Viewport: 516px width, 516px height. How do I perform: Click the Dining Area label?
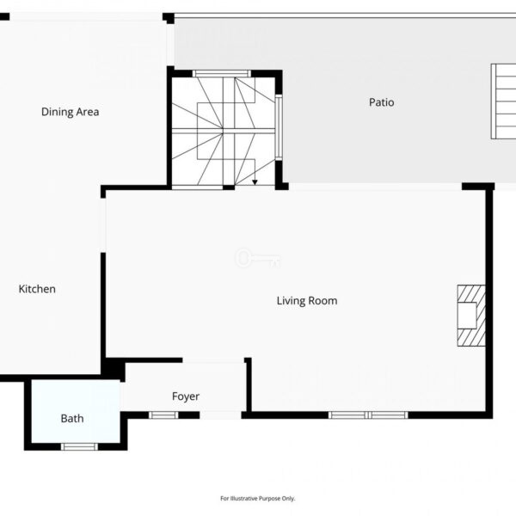pyautogui.click(x=71, y=112)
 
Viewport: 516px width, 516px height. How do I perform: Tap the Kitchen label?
pyautogui.click(x=37, y=289)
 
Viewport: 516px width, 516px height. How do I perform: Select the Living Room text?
pyautogui.click(x=307, y=301)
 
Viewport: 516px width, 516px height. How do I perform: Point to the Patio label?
pyautogui.click(x=381, y=102)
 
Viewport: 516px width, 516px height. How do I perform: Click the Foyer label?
pyautogui.click(x=186, y=396)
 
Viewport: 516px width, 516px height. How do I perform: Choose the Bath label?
pyautogui.click(x=72, y=419)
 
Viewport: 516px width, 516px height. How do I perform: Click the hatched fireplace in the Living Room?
pyautogui.click(x=471, y=316)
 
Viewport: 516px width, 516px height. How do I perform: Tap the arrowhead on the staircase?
pyautogui.click(x=255, y=182)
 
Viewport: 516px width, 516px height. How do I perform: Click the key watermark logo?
pyautogui.click(x=257, y=258)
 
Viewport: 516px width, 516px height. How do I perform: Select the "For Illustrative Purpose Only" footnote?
pyautogui.click(x=258, y=498)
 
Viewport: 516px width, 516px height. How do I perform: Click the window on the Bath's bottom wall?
pyautogui.click(x=79, y=446)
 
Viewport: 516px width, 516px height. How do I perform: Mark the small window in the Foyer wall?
pyautogui.click(x=163, y=415)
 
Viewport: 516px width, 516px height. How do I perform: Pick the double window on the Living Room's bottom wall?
pyautogui.click(x=368, y=415)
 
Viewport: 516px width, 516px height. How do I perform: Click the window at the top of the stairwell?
pyautogui.click(x=222, y=73)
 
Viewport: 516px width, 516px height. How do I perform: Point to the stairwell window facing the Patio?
pyautogui.click(x=279, y=127)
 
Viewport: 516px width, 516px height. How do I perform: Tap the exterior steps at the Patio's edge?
pyautogui.click(x=503, y=101)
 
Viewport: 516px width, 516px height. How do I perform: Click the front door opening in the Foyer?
pyautogui.click(x=220, y=415)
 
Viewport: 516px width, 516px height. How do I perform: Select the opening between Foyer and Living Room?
pyautogui.click(x=213, y=360)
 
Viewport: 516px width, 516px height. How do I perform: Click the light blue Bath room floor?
pyautogui.click(x=76, y=411)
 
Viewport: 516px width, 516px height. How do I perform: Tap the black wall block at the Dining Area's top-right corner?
pyautogui.click(x=169, y=18)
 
